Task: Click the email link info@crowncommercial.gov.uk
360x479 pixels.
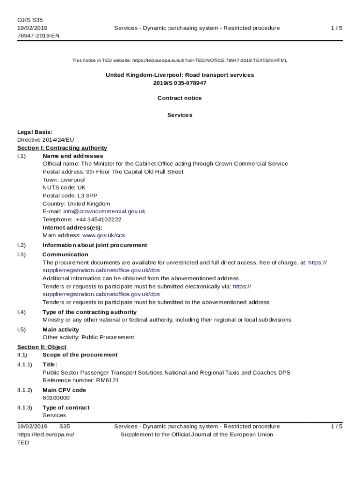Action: coord(104,211)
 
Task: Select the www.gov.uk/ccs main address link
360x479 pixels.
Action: coord(103,235)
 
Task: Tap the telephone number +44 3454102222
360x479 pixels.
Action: coord(98,219)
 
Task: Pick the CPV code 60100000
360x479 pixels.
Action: coord(56,398)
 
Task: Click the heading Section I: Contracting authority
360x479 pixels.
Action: coord(62,148)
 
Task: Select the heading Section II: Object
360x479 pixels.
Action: coord(42,347)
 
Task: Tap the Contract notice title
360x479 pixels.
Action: coord(180,98)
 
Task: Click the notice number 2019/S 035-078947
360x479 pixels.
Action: coord(180,83)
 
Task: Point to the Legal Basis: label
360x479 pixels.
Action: coord(35,132)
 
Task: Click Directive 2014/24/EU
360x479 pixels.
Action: coord(46,140)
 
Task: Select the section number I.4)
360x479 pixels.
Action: coord(22,312)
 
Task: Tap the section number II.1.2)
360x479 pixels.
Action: coord(25,390)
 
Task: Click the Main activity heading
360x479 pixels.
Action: coord(61,330)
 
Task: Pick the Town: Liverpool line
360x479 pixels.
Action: coord(64,180)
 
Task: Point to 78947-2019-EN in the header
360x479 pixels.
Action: coord(38,36)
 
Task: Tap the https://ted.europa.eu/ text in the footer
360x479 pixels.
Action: coord(46,435)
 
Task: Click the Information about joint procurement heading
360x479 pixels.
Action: coord(95,245)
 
